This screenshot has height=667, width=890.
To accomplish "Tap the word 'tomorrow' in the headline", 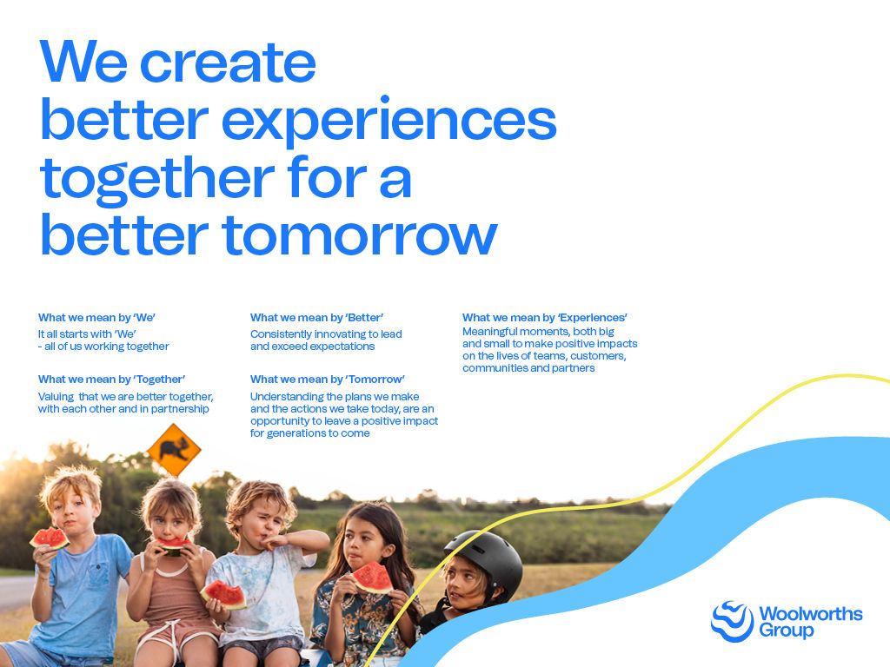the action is click(x=360, y=234).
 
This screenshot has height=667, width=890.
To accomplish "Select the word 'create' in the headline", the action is click(x=228, y=63).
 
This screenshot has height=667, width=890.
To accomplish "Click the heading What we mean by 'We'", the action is click(x=96, y=318).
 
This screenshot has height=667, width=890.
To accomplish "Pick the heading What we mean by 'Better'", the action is click(x=316, y=318).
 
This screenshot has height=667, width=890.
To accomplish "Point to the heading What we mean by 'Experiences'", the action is click(x=544, y=318).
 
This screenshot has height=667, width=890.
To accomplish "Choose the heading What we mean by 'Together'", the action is click(x=111, y=380).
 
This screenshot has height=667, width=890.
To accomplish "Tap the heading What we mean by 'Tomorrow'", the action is click(x=328, y=380).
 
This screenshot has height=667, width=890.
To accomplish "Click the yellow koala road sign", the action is click(x=174, y=451).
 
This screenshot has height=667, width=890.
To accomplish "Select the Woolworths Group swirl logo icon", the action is click(x=732, y=622).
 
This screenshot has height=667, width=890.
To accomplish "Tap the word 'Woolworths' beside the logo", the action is click(x=811, y=614).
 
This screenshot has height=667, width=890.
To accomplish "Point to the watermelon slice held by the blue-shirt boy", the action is click(x=50, y=538).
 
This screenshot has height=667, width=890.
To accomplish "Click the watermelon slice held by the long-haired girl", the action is click(x=372, y=578).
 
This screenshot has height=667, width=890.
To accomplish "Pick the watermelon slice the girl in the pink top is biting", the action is click(x=172, y=546).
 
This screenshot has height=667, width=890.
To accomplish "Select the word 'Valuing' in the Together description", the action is click(x=56, y=397).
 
